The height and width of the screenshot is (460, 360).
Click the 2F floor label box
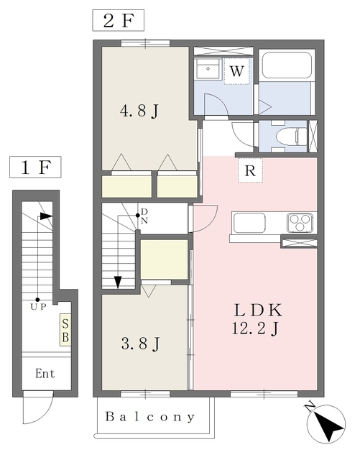tap(119, 20)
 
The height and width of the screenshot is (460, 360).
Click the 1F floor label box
tap(35, 167)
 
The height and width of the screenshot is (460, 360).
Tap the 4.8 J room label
tap(139, 111)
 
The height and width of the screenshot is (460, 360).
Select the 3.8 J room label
tap(141, 344)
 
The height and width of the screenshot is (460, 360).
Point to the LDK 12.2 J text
tap(257, 319)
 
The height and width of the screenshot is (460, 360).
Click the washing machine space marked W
tap(236, 71)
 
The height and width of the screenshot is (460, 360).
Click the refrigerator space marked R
tap(250, 170)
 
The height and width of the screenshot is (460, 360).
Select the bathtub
tap(287, 65)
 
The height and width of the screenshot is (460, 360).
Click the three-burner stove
tap(300, 223)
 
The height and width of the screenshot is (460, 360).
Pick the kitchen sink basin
tap(249, 223)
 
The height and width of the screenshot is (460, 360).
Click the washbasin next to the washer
tap(208, 69)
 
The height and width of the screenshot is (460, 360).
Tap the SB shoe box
tap(65, 330)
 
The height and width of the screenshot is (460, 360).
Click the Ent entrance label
tap(45, 374)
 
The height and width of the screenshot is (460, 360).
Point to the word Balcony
tap(150, 417)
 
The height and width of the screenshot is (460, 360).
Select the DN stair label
tap(144, 216)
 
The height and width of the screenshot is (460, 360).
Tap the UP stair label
tap(38, 307)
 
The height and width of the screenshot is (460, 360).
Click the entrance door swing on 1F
tap(38, 408)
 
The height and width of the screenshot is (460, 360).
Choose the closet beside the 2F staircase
tap(164, 259)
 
